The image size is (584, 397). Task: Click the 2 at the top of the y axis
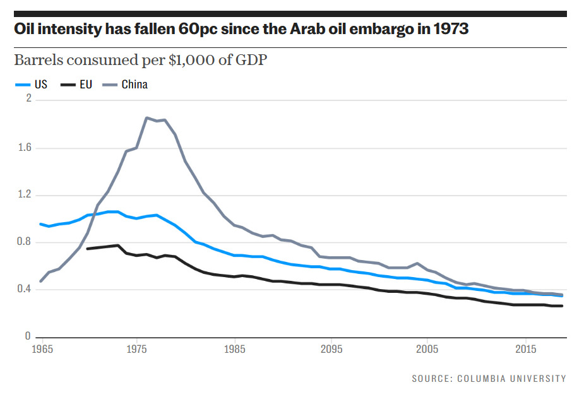28,99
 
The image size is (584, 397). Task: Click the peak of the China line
146,117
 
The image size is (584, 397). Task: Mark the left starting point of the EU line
88,249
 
